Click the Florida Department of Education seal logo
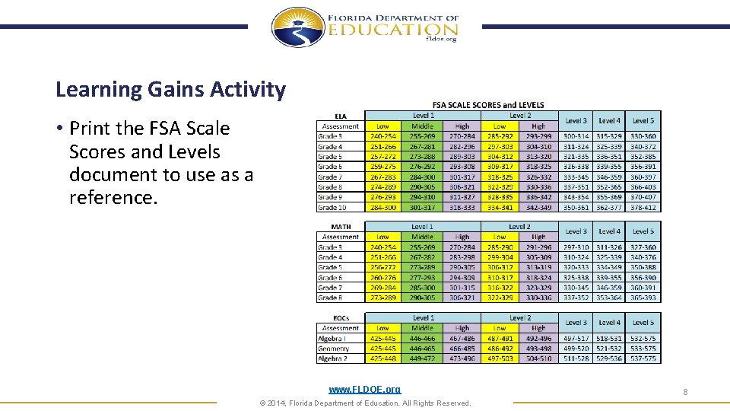pos(298,28)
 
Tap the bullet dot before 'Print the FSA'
pos(59,129)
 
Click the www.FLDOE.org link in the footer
pos(364,389)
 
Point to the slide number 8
pos(685,391)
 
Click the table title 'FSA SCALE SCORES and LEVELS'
pos(487,104)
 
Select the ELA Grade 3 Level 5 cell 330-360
pos(643,136)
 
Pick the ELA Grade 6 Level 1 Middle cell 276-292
pos(422,167)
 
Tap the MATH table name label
pos(341,227)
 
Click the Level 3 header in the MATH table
pos(576,231)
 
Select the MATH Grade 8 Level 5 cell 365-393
pos(643,298)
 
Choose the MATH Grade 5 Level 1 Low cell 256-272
pos(382,268)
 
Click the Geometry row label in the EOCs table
pos(335,349)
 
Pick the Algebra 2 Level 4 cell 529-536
pos(609,358)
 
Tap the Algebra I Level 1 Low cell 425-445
pos(382,339)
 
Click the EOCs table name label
pos(341,318)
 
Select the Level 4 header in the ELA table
pos(609,120)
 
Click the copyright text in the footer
pos(365,403)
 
